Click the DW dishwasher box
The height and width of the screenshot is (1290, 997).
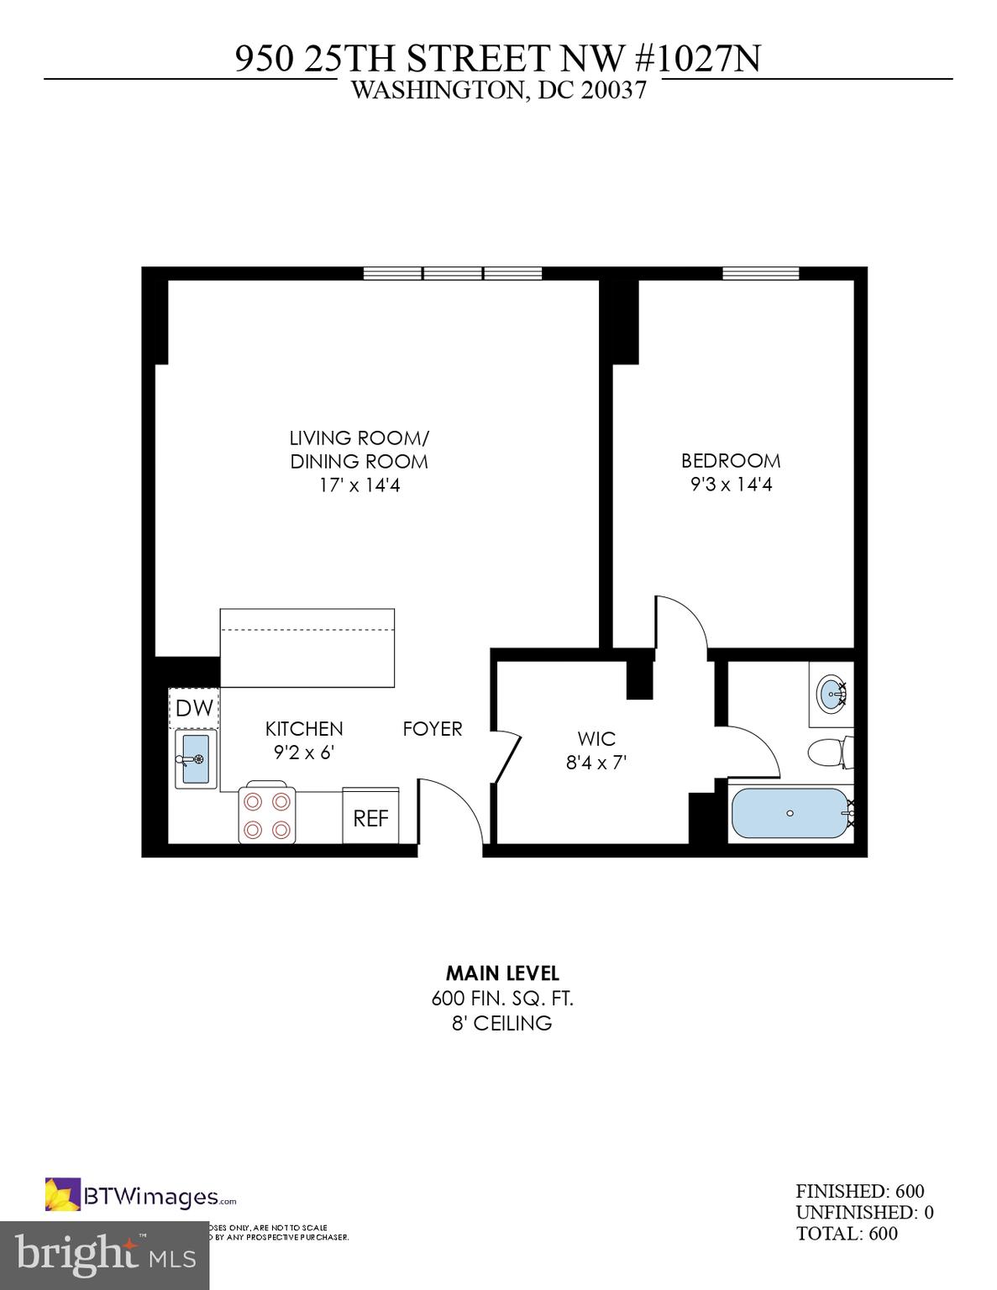tap(194, 708)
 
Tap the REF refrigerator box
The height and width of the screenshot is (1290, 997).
tap(370, 817)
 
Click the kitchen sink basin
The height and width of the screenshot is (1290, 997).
tap(195, 759)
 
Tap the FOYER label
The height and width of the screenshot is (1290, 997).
tap(433, 729)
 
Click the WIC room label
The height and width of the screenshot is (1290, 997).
tap(596, 739)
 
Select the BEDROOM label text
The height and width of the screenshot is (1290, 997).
tap(731, 461)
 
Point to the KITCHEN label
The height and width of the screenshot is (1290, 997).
tap(304, 729)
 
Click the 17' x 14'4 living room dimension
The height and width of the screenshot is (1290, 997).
tap(359, 485)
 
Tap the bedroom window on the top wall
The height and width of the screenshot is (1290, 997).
tap(760, 273)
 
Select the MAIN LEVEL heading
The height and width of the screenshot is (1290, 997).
tap(502, 973)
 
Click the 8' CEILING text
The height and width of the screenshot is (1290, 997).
tap(502, 1023)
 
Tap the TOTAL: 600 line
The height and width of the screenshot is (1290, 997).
tap(847, 1233)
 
